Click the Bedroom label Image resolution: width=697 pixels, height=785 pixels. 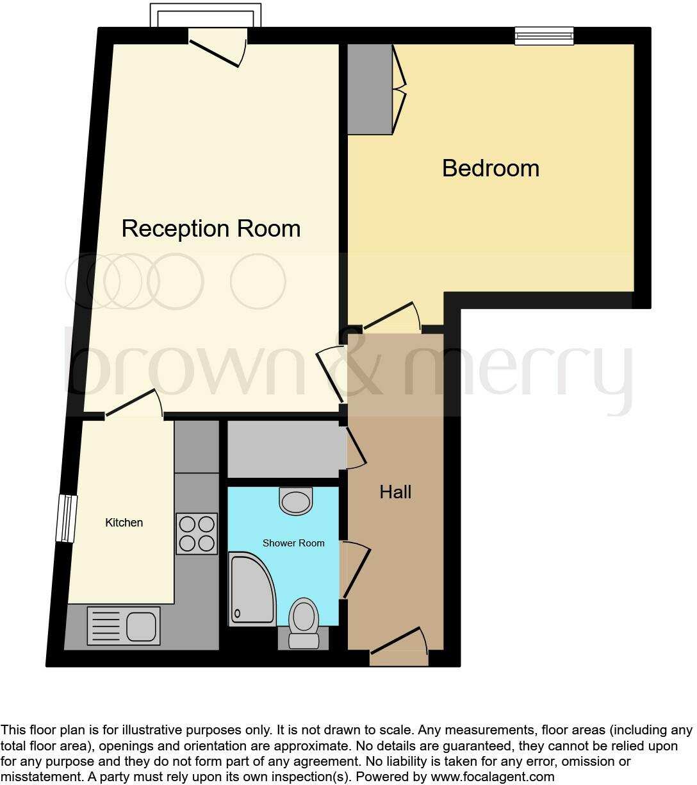491,168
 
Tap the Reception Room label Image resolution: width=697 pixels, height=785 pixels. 211,228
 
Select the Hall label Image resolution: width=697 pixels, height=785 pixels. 395,492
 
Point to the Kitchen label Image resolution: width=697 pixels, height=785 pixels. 124,523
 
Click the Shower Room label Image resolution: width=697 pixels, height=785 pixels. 293,543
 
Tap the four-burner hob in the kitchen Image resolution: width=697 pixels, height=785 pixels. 197,534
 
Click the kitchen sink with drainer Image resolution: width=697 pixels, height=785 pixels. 124,625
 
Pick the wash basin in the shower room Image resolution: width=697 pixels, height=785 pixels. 296,501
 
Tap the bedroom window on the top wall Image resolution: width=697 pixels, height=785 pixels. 544,36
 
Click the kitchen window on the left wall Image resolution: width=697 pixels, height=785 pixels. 67,518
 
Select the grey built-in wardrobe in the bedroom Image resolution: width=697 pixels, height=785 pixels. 370,89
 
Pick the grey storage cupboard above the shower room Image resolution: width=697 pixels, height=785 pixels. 283,449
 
